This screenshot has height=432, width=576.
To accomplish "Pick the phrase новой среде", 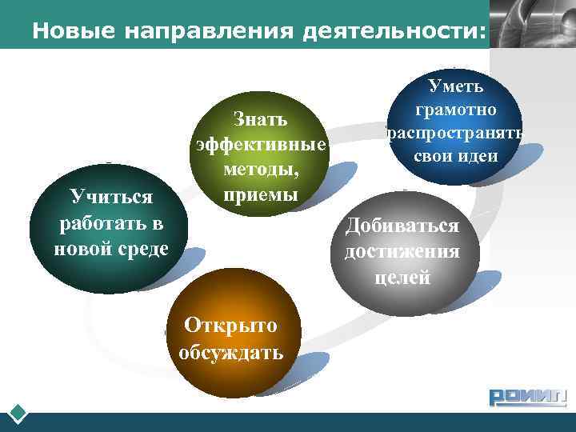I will (x=111, y=248).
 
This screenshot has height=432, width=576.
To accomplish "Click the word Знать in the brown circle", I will (x=260, y=119).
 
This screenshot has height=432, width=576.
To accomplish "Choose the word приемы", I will (x=261, y=195).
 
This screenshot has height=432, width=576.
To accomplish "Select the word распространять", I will (x=454, y=132).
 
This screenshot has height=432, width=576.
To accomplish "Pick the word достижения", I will (x=402, y=251).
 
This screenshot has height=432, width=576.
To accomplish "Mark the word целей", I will (x=402, y=278).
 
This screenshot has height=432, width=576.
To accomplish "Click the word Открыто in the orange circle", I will (x=230, y=325).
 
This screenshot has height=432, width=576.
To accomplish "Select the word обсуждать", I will (x=230, y=352).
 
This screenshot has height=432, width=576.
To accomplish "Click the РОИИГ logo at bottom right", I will (x=527, y=396).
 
